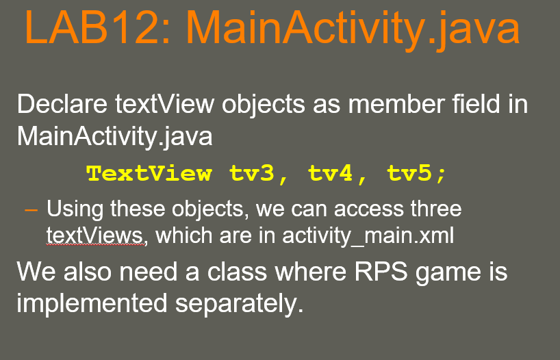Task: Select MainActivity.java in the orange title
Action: click(x=353, y=30)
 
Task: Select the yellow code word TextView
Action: click(x=149, y=173)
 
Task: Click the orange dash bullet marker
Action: click(x=30, y=208)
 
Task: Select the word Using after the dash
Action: click(x=73, y=208)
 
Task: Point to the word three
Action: click(x=430, y=208)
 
